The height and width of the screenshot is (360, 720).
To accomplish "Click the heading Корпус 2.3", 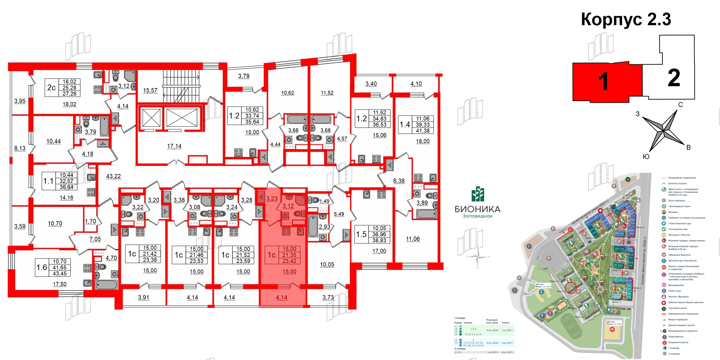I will click(626, 20).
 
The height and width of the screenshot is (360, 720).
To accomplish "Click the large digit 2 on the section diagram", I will click(674, 78).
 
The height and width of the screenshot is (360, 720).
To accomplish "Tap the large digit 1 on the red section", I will click(603, 82).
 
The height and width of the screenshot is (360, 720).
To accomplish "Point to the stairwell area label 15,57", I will click(150, 90).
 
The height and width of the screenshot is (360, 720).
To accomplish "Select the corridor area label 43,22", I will click(113, 176).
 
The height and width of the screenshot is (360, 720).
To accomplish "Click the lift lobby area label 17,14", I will click(174, 146).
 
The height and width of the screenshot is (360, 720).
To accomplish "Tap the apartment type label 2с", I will click(51, 88).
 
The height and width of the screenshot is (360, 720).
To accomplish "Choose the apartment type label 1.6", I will click(42, 268).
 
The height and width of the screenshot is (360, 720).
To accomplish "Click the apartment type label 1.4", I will click(405, 125).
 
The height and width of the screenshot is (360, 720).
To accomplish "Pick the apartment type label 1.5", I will click(361, 234).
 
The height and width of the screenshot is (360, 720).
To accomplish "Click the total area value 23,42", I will click(289, 261).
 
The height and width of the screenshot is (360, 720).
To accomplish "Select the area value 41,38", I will click(422, 131).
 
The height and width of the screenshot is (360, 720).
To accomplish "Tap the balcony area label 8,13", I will click(20, 148).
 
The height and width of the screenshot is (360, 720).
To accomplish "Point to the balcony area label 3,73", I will click(328, 297).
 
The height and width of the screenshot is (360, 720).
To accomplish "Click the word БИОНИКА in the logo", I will click(478, 209).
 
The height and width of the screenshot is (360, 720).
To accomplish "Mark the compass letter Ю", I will click(646, 157).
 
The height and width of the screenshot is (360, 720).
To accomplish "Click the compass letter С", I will click(681, 105).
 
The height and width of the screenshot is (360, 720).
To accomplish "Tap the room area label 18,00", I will click(422, 141).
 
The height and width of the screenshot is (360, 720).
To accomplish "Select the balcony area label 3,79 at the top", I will click(244, 76).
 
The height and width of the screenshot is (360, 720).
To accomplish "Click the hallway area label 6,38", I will click(399, 181).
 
